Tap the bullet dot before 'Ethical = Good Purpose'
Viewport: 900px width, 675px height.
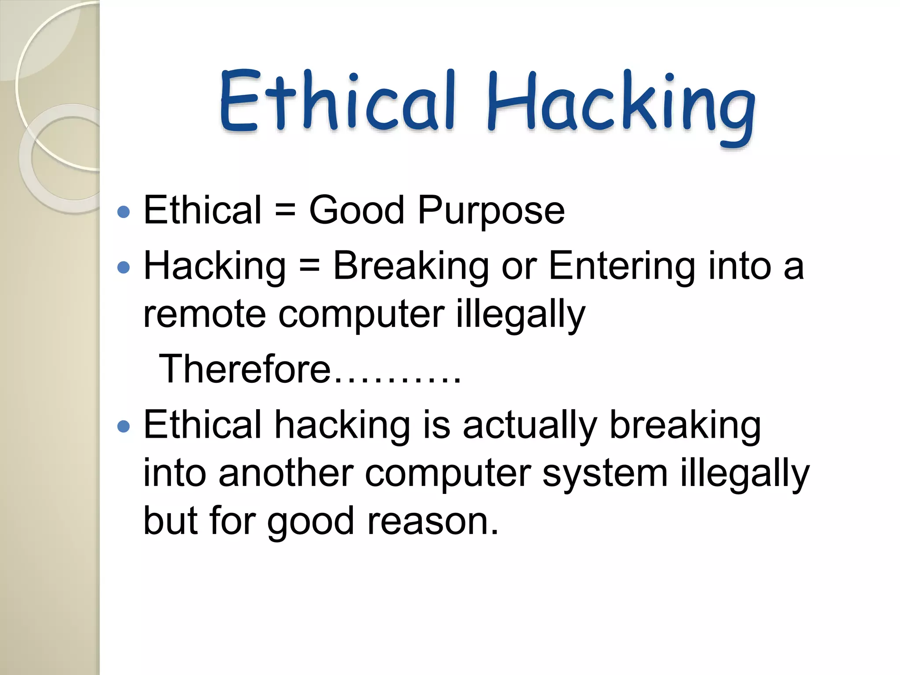(124, 212)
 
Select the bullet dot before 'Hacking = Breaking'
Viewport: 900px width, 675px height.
(124, 268)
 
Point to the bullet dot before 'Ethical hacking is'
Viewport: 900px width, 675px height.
(124, 426)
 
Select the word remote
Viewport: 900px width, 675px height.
(204, 315)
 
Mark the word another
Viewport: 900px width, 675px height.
(286, 473)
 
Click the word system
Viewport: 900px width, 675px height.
(605, 473)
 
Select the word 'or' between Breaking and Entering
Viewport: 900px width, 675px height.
(519, 267)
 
